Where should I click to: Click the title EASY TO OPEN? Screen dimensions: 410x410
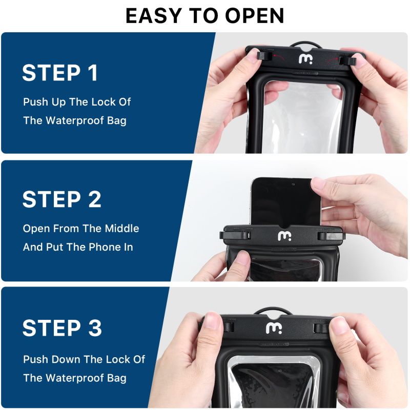pyautogui.click(x=205, y=16)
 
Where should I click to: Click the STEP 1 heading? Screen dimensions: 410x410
pyautogui.click(x=60, y=73)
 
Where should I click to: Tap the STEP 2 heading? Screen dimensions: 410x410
pyautogui.click(x=62, y=199)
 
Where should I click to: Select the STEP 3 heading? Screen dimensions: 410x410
pyautogui.click(x=62, y=327)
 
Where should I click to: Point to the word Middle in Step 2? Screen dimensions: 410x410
pyautogui.click(x=121, y=228)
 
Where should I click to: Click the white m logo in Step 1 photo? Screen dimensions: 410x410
pyautogui.click(x=305, y=59)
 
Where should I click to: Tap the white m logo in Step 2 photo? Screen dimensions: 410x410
pyautogui.click(x=284, y=236)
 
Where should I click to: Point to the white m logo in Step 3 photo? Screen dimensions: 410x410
pyautogui.click(x=272, y=327)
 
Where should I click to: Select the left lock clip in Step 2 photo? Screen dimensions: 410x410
pyautogui.click(x=235, y=236)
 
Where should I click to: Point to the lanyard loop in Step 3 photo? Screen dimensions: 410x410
pyautogui.click(x=266, y=311)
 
